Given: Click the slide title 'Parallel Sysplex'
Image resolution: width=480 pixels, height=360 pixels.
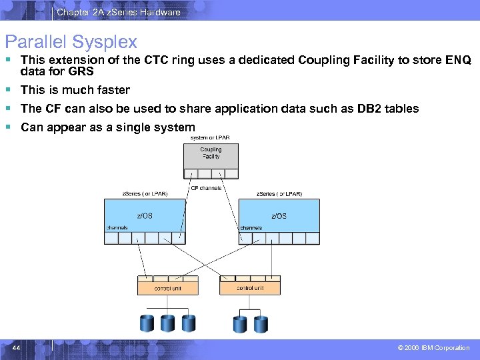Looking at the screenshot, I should click(71, 42).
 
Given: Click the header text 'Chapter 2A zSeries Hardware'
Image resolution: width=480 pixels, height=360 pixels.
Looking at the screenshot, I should click(118, 12).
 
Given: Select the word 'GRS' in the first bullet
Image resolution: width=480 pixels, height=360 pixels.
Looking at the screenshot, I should click(81, 71).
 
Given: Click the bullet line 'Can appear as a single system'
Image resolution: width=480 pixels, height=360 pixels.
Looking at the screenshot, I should click(108, 127).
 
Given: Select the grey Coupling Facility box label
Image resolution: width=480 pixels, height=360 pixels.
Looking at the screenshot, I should click(211, 153).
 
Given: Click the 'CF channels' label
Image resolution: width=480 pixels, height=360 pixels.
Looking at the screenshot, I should click(206, 189).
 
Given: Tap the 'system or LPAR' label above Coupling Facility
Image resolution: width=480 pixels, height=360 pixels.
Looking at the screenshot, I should click(210, 137).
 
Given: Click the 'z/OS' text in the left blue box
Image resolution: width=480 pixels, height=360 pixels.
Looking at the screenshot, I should click(145, 215).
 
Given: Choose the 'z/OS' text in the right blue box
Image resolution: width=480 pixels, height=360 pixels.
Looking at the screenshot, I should click(279, 215).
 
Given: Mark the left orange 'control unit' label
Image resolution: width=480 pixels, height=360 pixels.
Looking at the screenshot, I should click(167, 289).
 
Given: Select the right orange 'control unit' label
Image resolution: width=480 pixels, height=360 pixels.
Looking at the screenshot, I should click(250, 288).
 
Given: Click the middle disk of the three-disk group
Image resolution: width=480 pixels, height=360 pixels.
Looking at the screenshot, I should click(167, 323).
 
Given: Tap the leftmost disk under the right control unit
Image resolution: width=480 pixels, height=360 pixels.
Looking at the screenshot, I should click(239, 324).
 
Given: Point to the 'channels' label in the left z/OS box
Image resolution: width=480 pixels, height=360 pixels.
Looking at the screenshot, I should click(117, 227).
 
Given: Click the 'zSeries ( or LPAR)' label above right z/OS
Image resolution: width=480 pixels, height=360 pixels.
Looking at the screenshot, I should click(279, 194).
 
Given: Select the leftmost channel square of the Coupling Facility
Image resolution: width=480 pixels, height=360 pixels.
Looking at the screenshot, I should click(191, 173).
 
